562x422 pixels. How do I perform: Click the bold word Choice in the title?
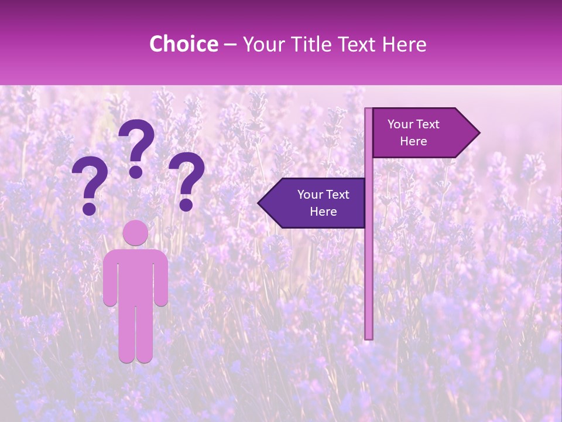click(183, 44)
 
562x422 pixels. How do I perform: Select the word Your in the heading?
click(263, 44)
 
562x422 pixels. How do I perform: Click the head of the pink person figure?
click(136, 233)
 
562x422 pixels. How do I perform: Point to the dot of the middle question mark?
click(136, 172)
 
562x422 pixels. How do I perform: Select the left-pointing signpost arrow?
click(314, 203)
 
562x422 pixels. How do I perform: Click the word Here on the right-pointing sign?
click(413, 141)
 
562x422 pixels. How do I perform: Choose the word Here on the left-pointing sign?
click(323, 212)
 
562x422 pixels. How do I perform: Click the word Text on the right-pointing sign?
click(429, 124)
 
